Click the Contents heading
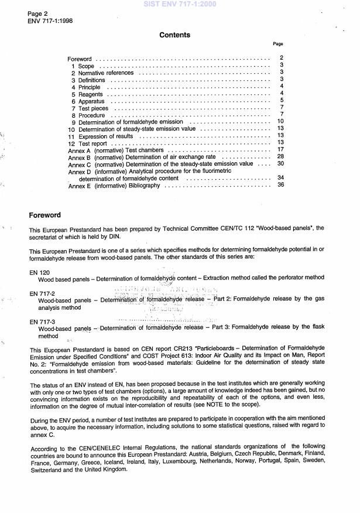174,35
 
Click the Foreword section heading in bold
44,215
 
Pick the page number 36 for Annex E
281,185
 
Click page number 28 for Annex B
281,157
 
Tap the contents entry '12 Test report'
90,143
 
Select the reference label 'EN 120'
39,273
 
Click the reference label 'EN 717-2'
42,292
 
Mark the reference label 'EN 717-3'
42,322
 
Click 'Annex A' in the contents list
80,150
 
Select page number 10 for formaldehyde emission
281,122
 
